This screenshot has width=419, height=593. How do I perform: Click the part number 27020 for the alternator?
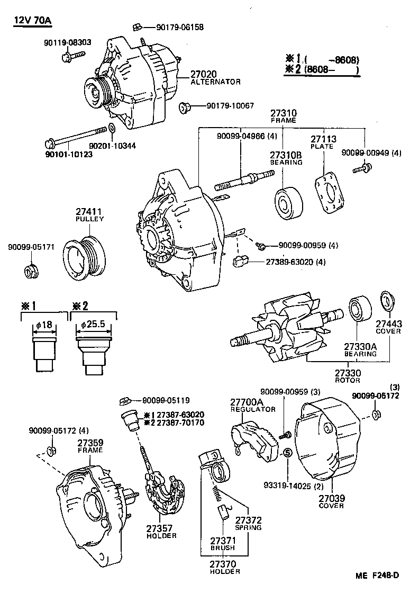[204, 74]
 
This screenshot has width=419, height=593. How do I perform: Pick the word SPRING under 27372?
[248, 527]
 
